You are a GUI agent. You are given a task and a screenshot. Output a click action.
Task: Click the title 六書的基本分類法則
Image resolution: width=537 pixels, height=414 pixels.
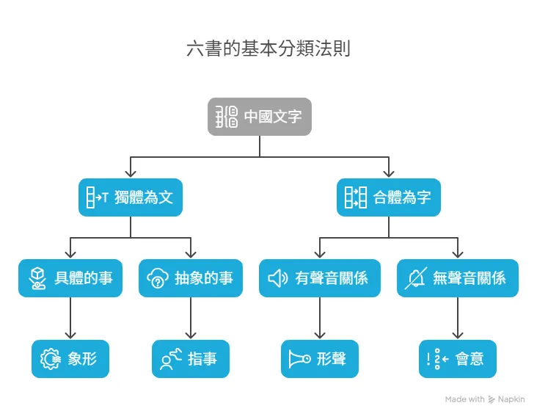pos(268,49)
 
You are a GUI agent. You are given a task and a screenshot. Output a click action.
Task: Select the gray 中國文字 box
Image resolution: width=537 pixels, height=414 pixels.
pos(260,117)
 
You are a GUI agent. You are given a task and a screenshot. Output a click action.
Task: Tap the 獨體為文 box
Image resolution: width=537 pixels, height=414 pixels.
pos(130,197)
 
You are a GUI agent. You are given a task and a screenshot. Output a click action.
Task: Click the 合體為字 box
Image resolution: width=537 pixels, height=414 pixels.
pos(389,197)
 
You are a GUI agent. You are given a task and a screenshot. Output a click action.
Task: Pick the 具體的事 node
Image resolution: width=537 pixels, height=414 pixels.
pos(70,278)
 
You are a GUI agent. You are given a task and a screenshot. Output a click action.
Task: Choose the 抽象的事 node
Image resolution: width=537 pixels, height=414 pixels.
pos(191,278)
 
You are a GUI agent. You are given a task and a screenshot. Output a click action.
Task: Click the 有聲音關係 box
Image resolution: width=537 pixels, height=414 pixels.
pos(320,278)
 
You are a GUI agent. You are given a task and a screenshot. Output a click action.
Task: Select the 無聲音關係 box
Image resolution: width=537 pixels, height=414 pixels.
pos(458,278)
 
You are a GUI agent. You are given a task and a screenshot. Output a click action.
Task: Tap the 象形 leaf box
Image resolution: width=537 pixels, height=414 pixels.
pos(70,359)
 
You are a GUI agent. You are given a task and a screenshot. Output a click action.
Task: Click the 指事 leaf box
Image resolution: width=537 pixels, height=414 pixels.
pos(191,359)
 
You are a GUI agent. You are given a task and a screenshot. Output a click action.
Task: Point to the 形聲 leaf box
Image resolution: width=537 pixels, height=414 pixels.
pos(320,359)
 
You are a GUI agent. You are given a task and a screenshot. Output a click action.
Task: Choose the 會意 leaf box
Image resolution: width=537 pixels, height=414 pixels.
pos(458,359)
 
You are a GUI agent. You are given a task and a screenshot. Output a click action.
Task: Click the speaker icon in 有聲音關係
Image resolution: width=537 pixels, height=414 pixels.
pos(277,278)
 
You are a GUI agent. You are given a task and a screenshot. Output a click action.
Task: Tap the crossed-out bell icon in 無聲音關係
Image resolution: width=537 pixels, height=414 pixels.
pos(415,278)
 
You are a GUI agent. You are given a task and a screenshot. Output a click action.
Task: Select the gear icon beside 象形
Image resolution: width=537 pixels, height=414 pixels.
pos(50,359)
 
